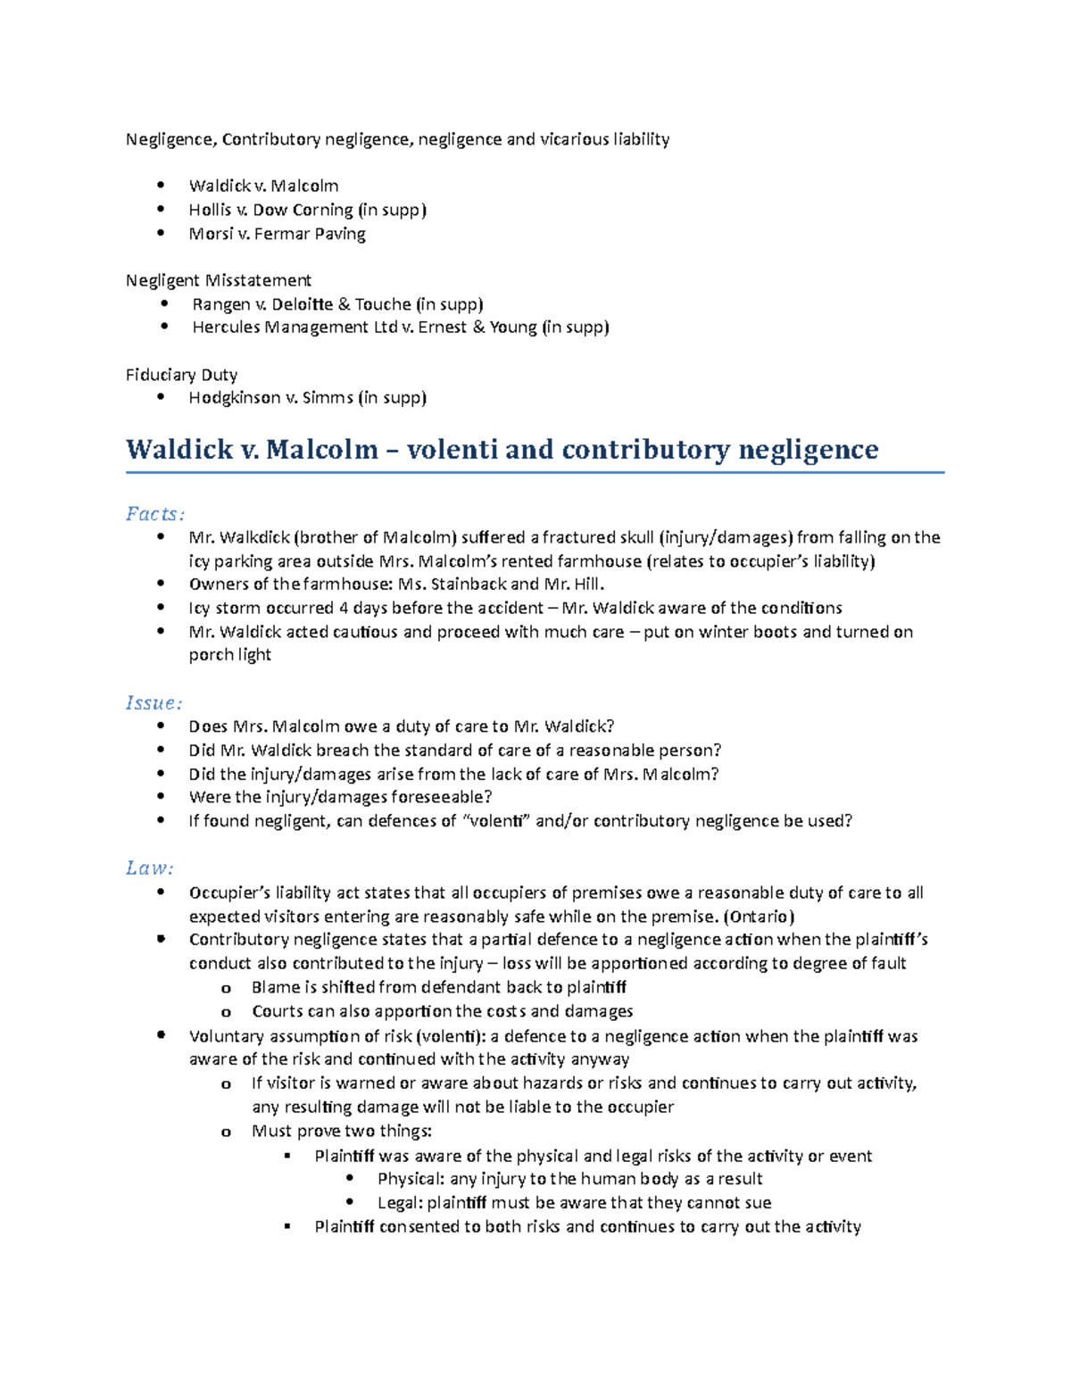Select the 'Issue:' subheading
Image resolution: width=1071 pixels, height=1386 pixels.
[x=154, y=703]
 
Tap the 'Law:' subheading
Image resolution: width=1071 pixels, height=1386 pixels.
[x=149, y=868]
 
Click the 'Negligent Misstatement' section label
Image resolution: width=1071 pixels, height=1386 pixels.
[x=219, y=281]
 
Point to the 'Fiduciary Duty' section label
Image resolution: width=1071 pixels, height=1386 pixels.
[x=181, y=375]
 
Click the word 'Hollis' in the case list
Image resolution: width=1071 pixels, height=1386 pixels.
[x=210, y=210]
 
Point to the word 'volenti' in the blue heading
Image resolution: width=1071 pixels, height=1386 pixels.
[x=452, y=449]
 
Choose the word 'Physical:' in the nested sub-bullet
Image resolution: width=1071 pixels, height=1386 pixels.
[x=411, y=1179]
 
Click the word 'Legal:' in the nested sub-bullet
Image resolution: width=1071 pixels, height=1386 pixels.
[x=399, y=1203]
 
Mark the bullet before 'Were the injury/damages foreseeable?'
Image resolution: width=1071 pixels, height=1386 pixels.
[x=161, y=797]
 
